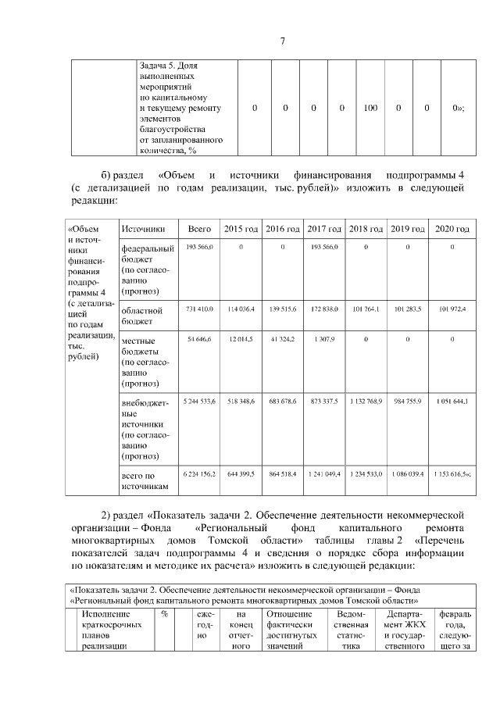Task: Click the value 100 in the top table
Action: (370, 108)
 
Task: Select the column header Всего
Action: (201, 229)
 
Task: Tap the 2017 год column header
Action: (324, 229)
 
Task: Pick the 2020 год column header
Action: (452, 229)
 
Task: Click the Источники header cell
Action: (143, 229)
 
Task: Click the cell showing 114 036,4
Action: (241, 309)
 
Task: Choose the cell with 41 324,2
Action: (282, 340)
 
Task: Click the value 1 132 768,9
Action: (366, 401)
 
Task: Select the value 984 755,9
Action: (408, 401)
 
